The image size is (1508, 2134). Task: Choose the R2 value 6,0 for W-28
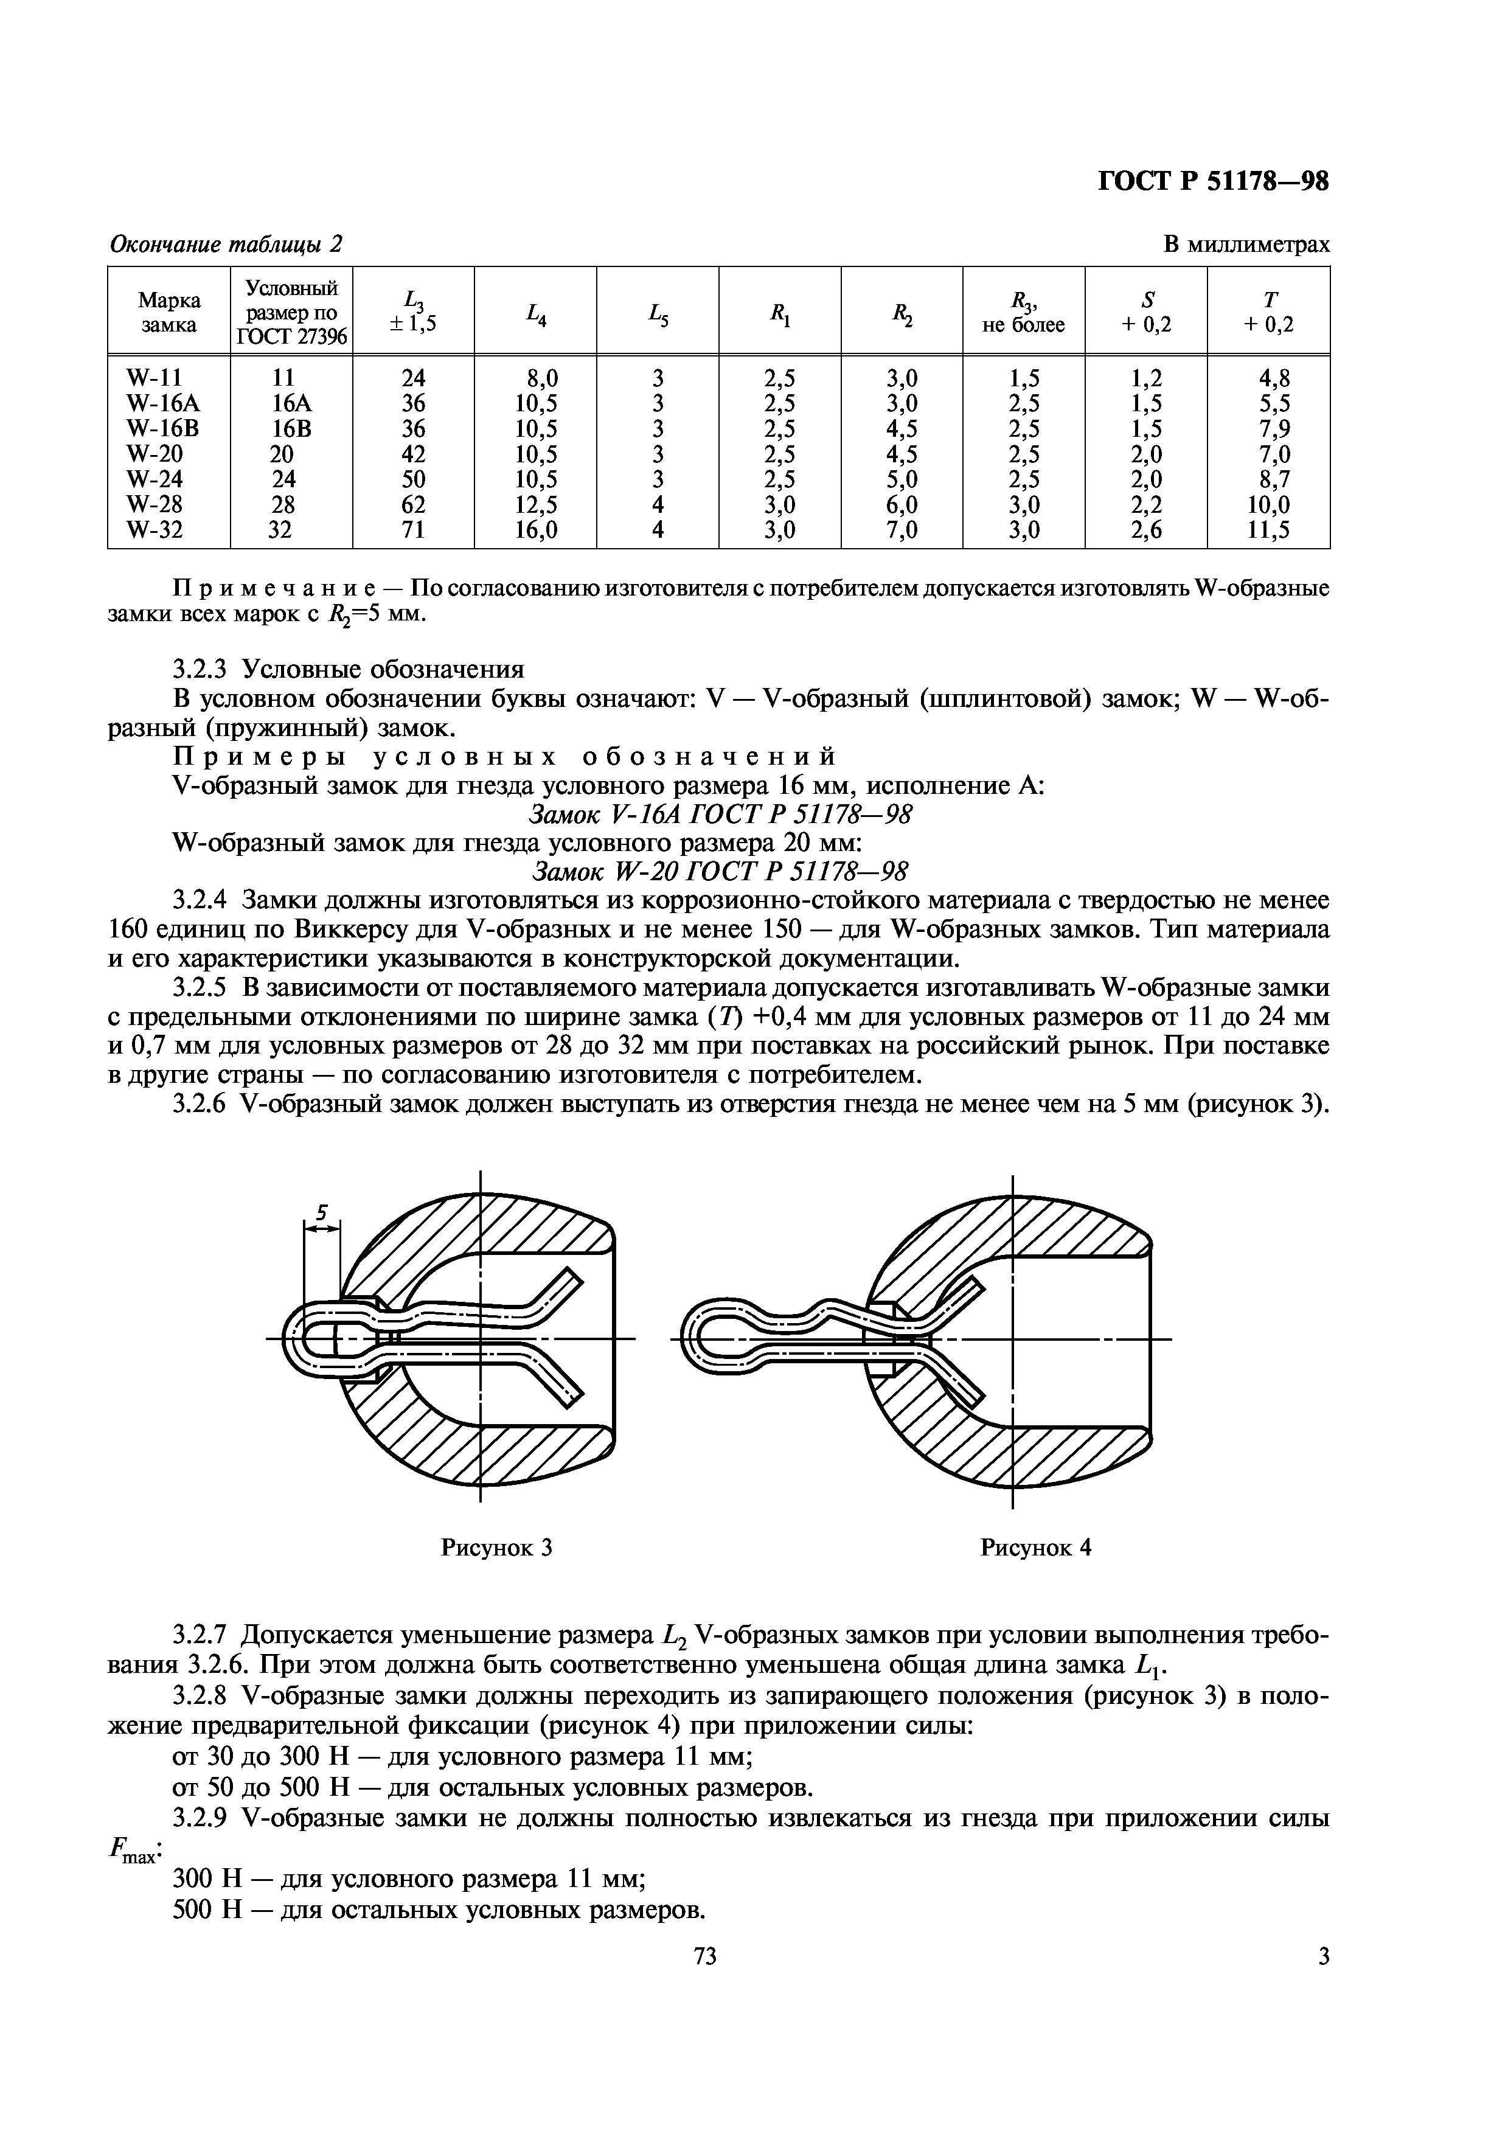[x=902, y=505]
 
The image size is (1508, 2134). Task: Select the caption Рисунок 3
[x=496, y=1548]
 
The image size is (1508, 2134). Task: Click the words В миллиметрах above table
[x=1246, y=245]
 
